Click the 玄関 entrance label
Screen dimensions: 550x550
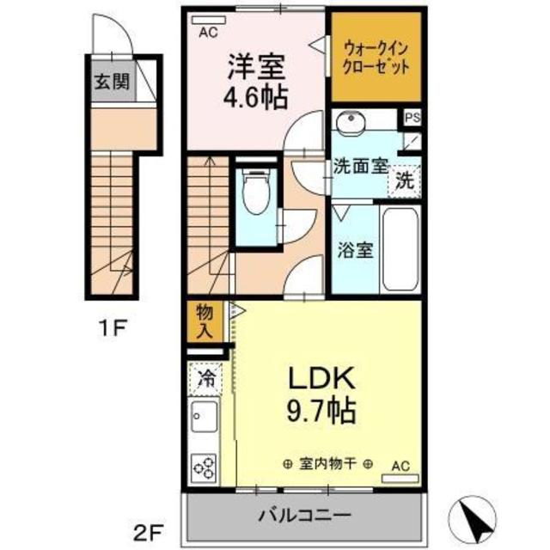click(x=112, y=83)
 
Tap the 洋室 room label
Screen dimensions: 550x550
click(x=255, y=64)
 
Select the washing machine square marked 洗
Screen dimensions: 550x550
click(x=402, y=180)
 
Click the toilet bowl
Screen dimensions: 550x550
click(x=255, y=194)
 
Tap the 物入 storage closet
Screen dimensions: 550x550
click(x=204, y=321)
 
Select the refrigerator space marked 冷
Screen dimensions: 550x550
click(x=205, y=376)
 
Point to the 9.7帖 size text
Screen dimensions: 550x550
click(x=321, y=410)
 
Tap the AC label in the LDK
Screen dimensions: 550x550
click(x=400, y=466)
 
